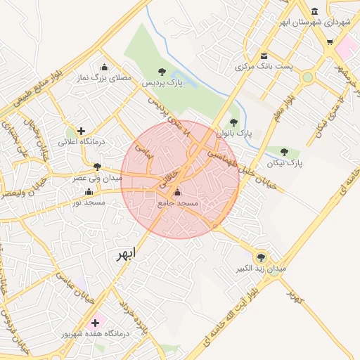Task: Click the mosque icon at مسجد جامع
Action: point(176,192)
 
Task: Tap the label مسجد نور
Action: point(89,202)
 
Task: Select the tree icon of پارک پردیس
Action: point(162,71)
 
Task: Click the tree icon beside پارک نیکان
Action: point(284,152)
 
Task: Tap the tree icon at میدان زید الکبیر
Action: point(262,257)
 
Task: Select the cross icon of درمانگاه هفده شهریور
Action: point(95,323)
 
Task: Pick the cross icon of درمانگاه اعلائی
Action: point(82,130)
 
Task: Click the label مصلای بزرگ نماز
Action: point(105,79)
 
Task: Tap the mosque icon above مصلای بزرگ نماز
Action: point(105,67)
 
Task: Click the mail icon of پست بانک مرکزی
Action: point(264,56)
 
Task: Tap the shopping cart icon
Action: point(330,42)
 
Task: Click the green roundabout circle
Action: point(307,77)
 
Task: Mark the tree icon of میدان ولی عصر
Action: point(97,167)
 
